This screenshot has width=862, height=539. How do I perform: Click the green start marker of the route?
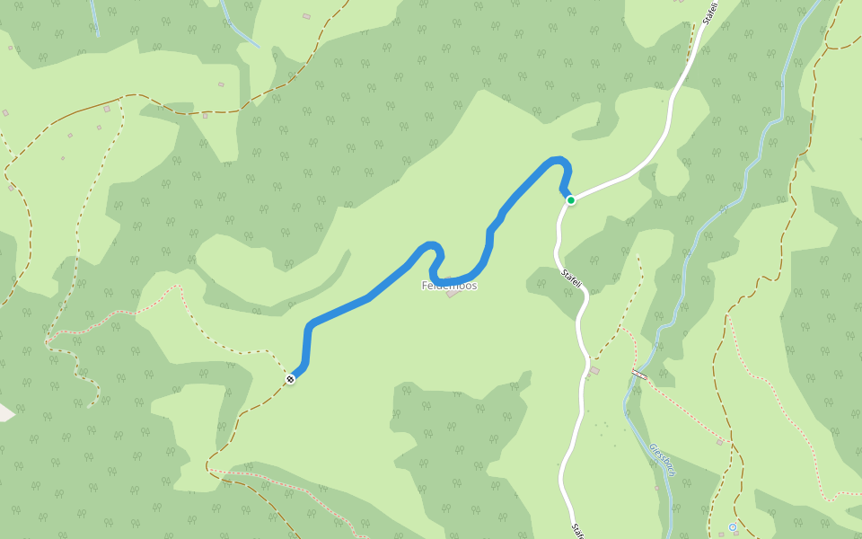tap(570, 199)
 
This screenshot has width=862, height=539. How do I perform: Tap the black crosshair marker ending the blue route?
tap(290, 380)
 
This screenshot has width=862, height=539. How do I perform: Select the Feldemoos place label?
tap(449, 286)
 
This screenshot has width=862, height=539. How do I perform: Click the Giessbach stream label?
tap(662, 459)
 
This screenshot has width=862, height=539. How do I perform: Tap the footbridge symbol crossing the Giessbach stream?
tap(639, 373)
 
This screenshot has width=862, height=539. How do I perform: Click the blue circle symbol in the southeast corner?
tap(733, 527)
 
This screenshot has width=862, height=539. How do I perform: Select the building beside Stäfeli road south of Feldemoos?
tap(594, 370)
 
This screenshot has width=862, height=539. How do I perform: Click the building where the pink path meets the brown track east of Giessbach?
tap(720, 442)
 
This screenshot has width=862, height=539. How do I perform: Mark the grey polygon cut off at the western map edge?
tap(5, 412)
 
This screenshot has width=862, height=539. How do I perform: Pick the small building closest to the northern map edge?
tap(306, 16)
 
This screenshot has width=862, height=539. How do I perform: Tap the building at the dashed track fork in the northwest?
tap(107, 109)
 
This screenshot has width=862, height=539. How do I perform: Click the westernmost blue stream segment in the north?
tap(93, 18)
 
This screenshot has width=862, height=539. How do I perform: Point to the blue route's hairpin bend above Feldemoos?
tap(435, 261)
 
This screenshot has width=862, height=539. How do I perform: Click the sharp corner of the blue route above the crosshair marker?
tap(311, 325)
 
